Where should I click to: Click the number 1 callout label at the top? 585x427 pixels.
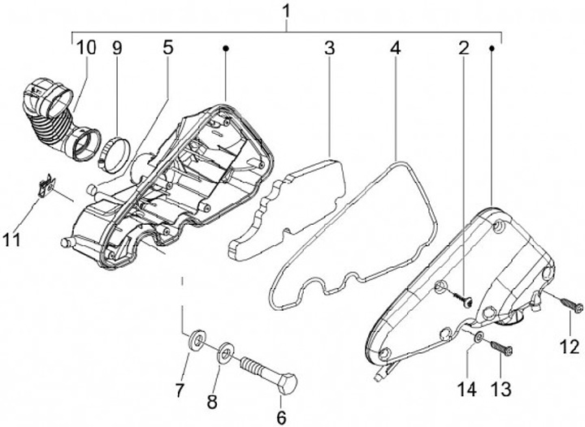click(286, 11)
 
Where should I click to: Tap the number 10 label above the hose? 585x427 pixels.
click(86, 47)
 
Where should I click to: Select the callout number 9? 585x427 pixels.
click(117, 47)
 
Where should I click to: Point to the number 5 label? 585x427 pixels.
click(167, 47)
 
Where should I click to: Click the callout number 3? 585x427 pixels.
click(329, 48)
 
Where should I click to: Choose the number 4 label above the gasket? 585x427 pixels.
click(395, 48)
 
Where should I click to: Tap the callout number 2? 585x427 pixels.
click(464, 48)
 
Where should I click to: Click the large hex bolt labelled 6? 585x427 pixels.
click(267, 372)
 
